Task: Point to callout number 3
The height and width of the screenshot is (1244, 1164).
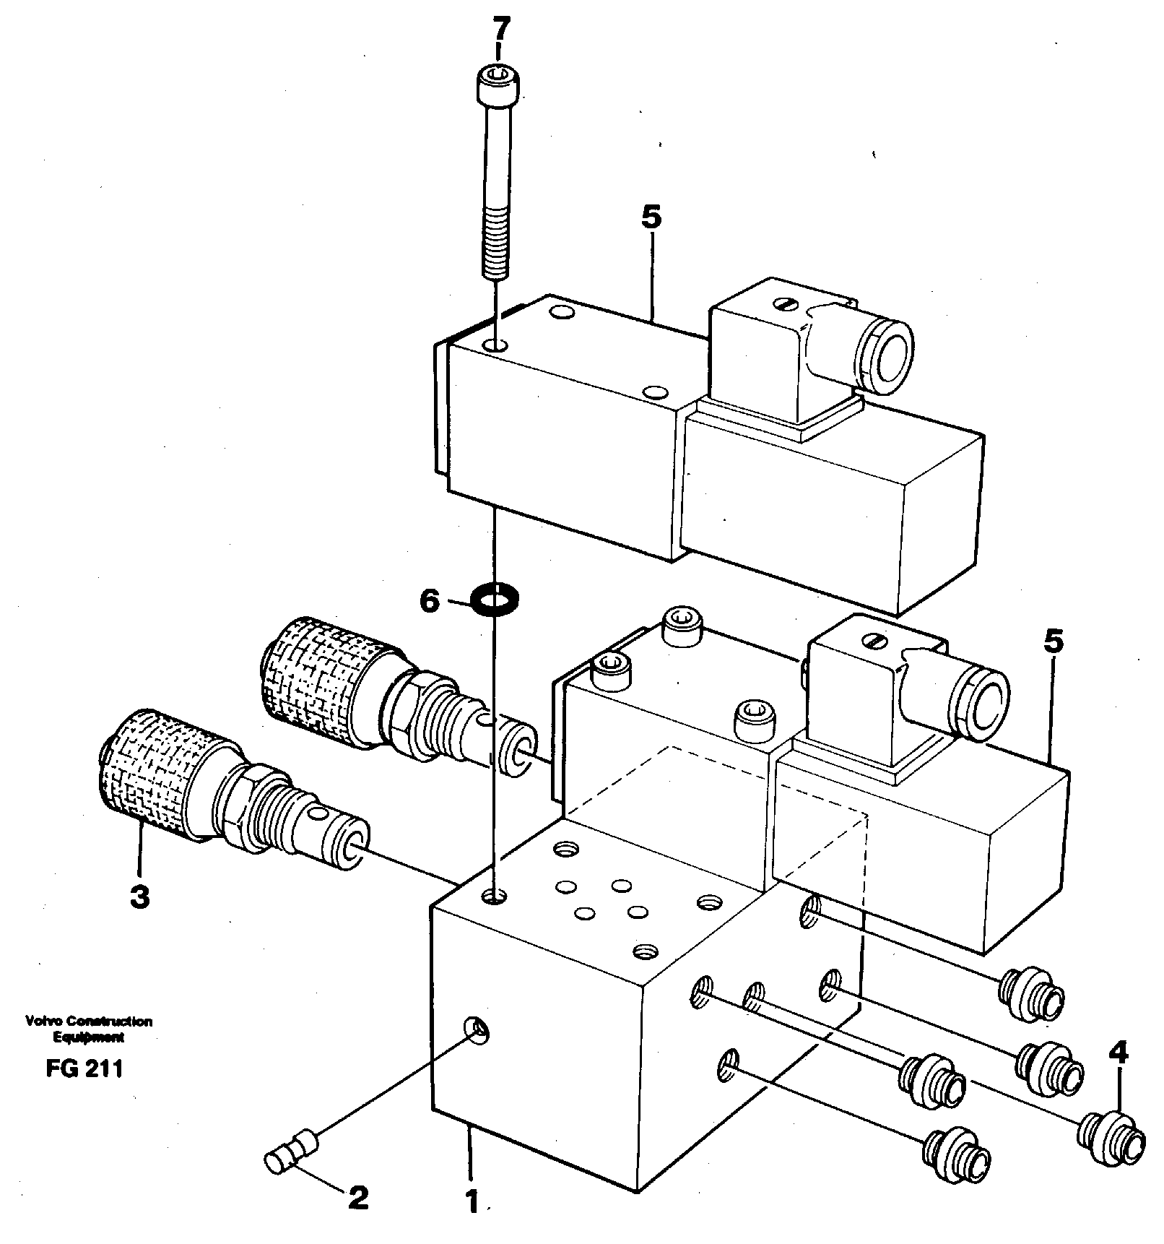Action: pyautogui.click(x=139, y=897)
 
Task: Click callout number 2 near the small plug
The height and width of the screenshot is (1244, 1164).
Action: pyautogui.click(x=358, y=1200)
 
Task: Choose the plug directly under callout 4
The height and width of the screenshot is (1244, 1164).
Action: pyautogui.click(x=1112, y=1138)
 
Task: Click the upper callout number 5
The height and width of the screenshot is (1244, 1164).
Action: pyautogui.click(x=651, y=217)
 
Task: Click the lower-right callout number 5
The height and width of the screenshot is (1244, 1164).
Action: pyautogui.click(x=1054, y=642)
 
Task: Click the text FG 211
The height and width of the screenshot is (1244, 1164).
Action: pyautogui.click(x=84, y=1069)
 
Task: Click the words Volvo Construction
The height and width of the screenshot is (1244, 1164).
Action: pyautogui.click(x=88, y=1021)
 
